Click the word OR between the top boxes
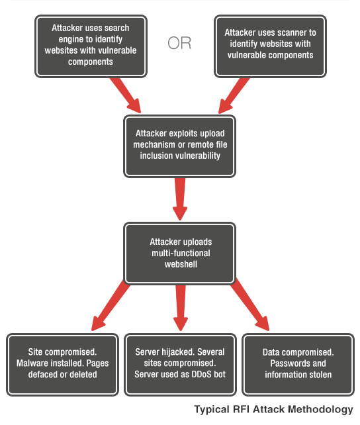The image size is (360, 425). pyautogui.click(x=179, y=43)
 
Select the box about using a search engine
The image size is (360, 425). pyautogui.click(x=91, y=46)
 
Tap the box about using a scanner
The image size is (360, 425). pyautogui.click(x=270, y=46)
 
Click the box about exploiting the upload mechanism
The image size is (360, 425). pyautogui.click(x=179, y=146)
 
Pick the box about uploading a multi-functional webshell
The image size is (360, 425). pyautogui.click(x=179, y=254)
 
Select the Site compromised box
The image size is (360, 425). pyautogui.click(x=63, y=365)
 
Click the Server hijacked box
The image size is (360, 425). pyautogui.click(x=180, y=365)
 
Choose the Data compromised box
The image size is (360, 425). pyautogui.click(x=298, y=365)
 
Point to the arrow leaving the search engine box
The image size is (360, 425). pyautogui.click(x=126, y=95)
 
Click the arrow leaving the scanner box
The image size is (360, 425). pyautogui.click(x=234, y=95)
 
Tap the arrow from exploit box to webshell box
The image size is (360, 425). pyautogui.click(x=180, y=199)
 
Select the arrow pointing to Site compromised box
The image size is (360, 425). pyautogui.click(x=111, y=305)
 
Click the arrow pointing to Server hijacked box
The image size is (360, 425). pyautogui.click(x=181, y=308)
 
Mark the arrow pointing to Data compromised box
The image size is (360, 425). pyautogui.click(x=249, y=305)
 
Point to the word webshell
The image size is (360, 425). pyautogui.click(x=181, y=264)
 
